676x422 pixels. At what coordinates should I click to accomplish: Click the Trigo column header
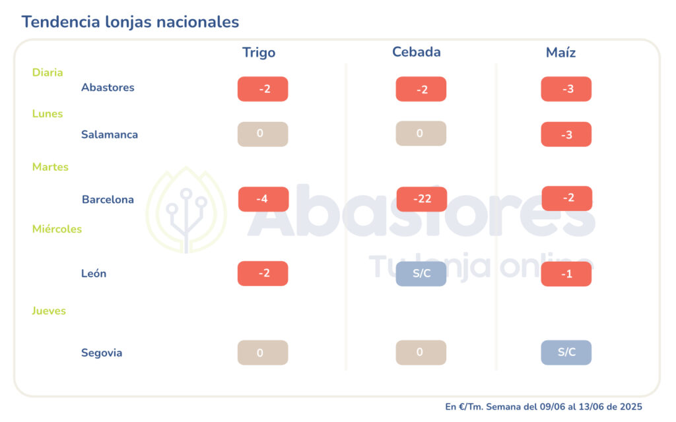[259, 53]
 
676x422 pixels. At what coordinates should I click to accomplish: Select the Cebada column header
[416, 52]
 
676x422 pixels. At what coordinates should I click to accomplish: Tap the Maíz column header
[560, 53]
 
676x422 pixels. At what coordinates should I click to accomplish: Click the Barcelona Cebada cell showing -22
[422, 199]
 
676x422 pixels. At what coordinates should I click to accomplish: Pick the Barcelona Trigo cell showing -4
[263, 199]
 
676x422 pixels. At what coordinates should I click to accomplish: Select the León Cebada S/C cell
[421, 274]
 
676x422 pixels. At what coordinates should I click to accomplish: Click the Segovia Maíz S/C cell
[566, 352]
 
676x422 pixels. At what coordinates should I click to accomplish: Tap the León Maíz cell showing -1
[566, 274]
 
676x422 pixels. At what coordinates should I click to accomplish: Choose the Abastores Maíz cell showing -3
[566, 89]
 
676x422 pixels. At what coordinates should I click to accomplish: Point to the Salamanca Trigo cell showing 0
[263, 134]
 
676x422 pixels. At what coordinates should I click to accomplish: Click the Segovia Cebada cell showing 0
[421, 352]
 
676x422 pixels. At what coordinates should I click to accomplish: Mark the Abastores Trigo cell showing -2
[263, 89]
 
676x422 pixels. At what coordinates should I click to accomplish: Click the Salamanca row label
[110, 135]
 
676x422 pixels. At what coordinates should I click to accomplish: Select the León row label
[94, 274]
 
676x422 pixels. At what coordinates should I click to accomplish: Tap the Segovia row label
[102, 353]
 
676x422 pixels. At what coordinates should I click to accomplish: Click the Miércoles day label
[57, 229]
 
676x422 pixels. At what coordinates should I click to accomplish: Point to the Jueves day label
[49, 311]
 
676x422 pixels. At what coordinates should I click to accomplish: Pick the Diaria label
[48, 73]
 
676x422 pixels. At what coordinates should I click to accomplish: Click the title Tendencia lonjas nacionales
[130, 22]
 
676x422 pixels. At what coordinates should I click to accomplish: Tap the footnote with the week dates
[543, 407]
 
